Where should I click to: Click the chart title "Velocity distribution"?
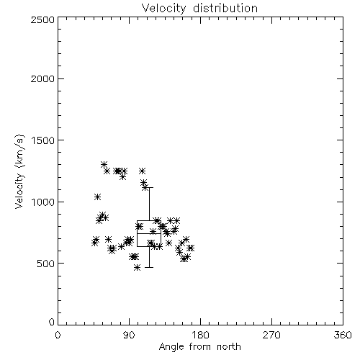coord(199,8)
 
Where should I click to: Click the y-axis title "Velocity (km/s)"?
coord(19,171)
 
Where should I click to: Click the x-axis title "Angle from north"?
coord(199,347)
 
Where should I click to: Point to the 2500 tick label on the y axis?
coord(42,19)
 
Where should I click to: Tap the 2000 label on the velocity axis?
coord(42,78)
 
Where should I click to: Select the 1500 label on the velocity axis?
coord(43,140)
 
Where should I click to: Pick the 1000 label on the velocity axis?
coord(43,202)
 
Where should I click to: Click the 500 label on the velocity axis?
coord(45,264)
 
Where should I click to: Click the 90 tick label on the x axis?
coord(129,335)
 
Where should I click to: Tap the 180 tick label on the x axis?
coord(200,335)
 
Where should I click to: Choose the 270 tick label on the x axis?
coord(271,335)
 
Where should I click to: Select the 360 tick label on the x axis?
coord(343,335)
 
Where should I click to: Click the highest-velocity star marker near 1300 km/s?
coord(104,165)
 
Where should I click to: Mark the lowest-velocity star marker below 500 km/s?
coord(137,268)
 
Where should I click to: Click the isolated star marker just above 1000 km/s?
coord(97,197)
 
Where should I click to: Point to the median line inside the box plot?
coord(149,233)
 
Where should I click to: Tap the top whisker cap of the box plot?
coord(149,187)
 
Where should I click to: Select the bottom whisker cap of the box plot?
coord(149,267)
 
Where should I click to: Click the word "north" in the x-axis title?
coord(229,347)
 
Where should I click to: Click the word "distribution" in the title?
coord(225,8)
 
